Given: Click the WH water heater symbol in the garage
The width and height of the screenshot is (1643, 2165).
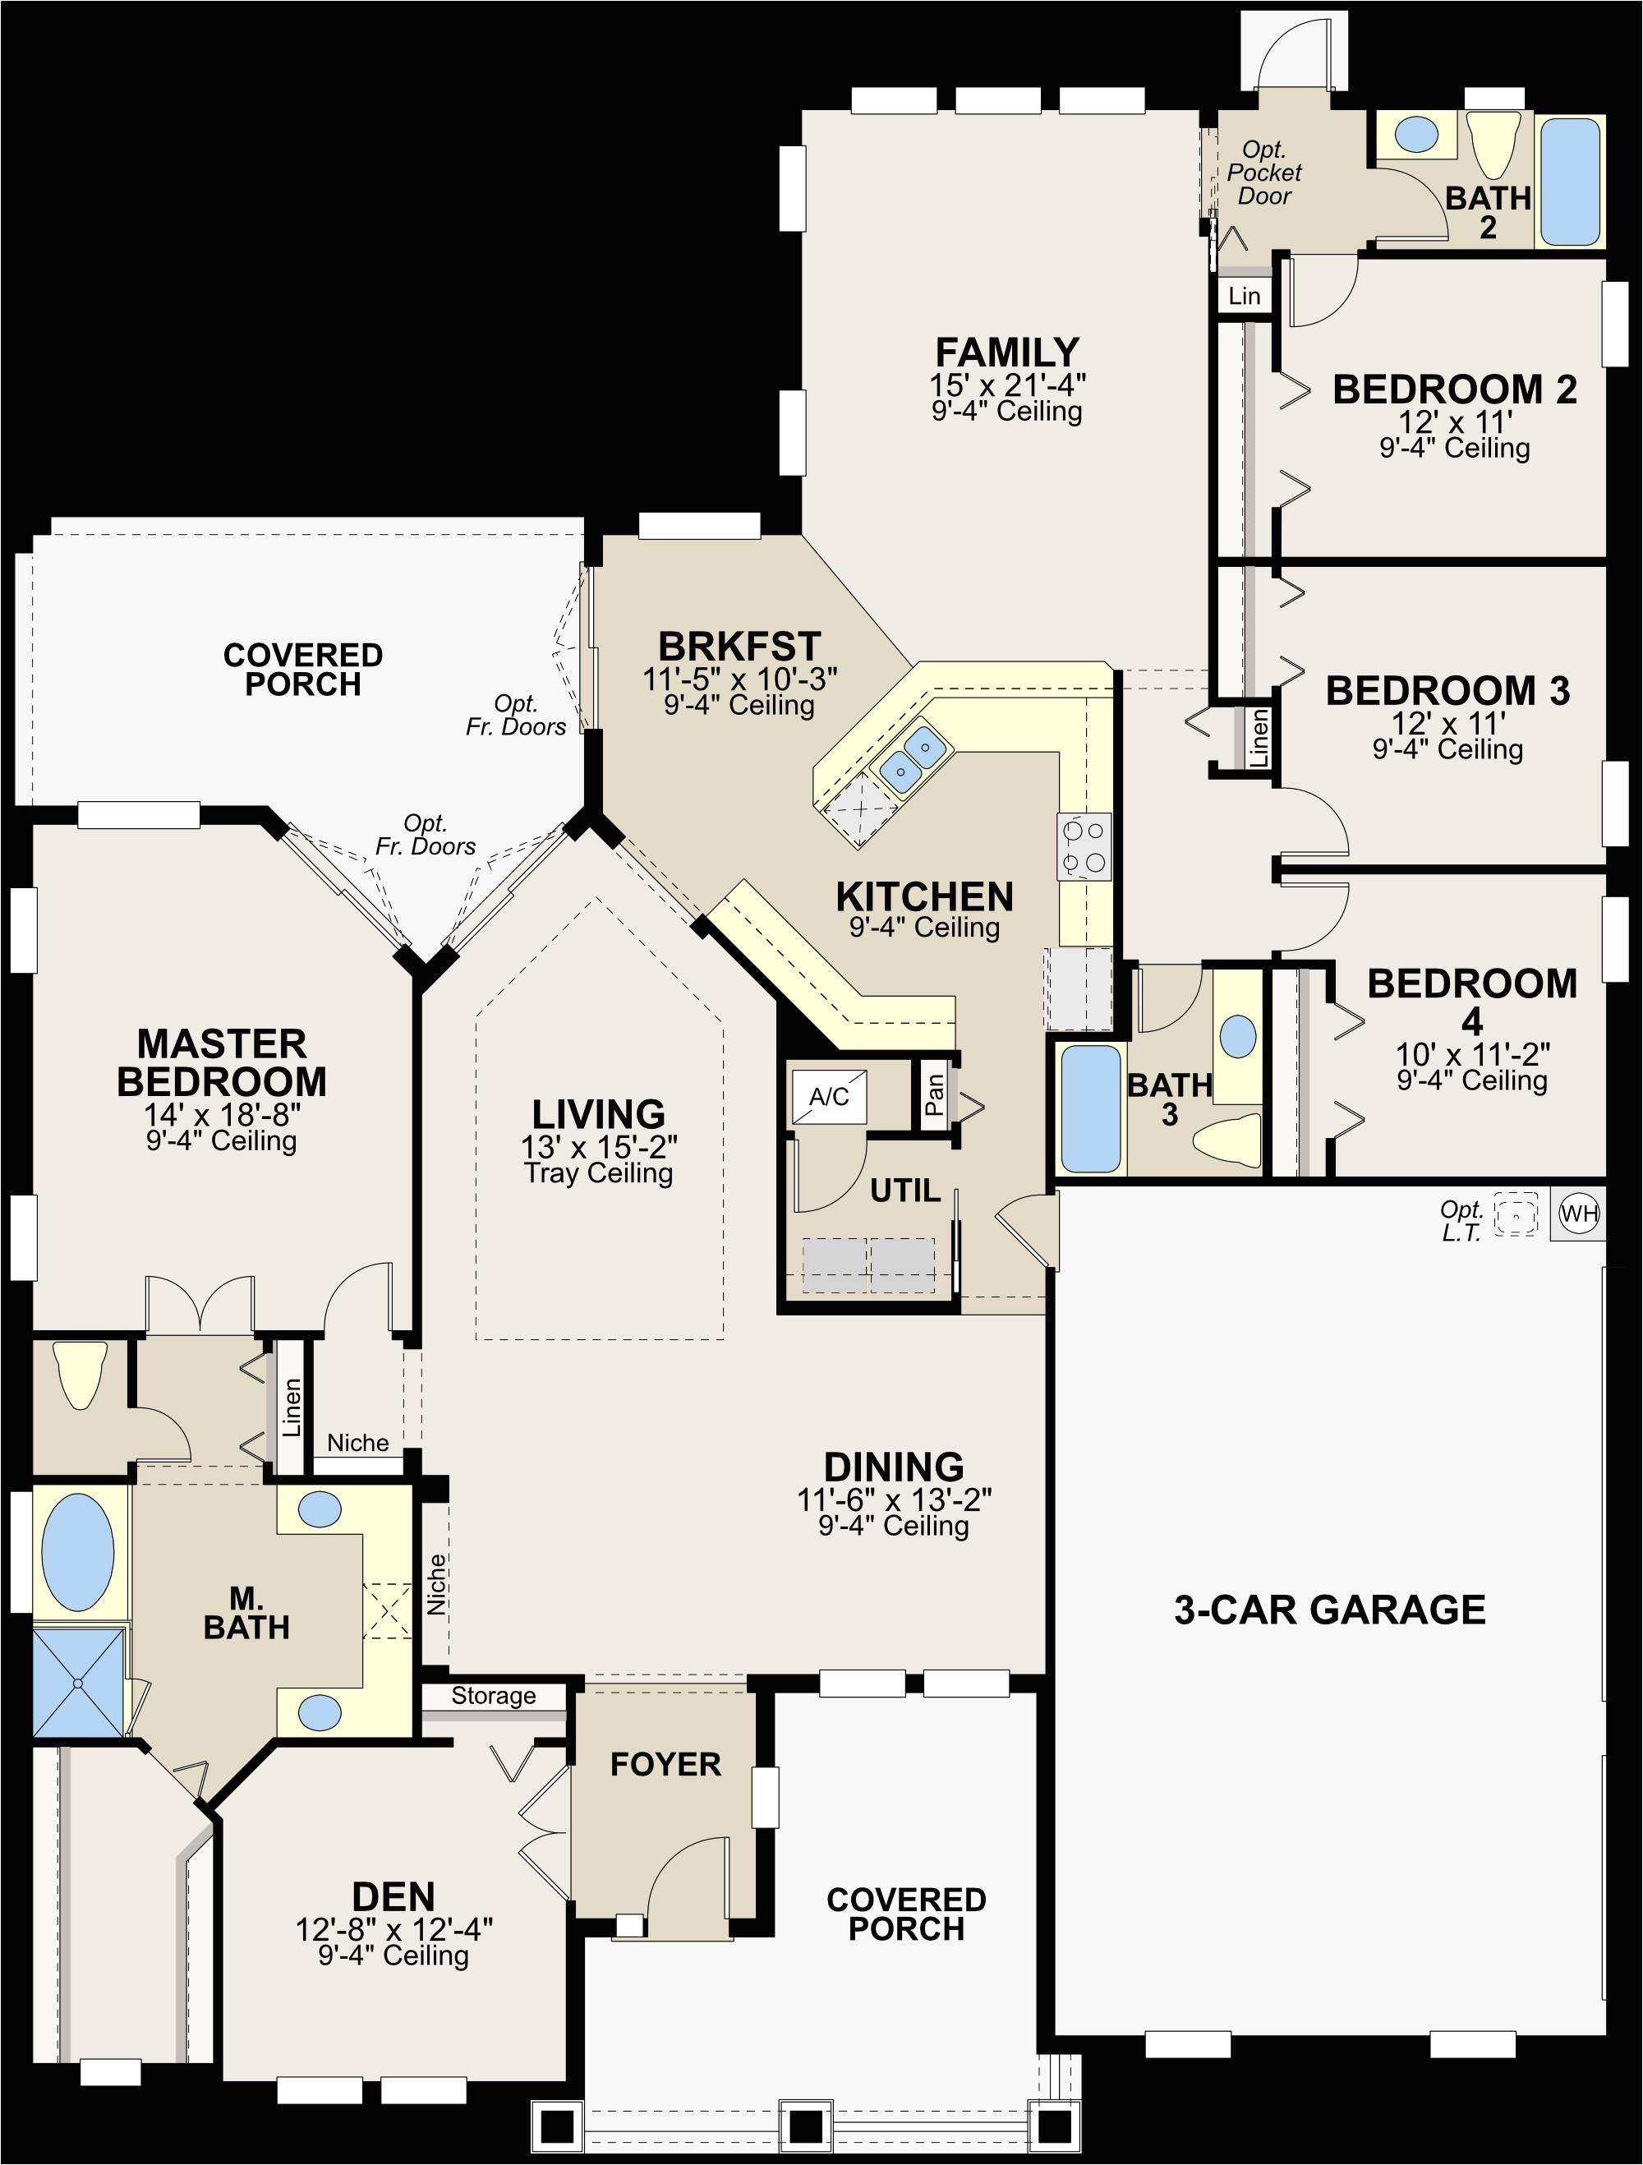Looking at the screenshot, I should pyautogui.click(x=1578, y=1214).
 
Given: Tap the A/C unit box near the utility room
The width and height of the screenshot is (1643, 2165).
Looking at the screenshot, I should pyautogui.click(x=829, y=1096).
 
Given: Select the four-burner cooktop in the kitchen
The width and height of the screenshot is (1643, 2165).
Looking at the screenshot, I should pyautogui.click(x=1084, y=846).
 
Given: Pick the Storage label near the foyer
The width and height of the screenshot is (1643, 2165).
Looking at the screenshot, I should pyautogui.click(x=493, y=1696).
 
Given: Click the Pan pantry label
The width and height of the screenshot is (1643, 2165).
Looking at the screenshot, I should pyautogui.click(x=935, y=1094).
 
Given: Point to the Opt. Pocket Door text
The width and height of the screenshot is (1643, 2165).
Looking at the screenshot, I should pyautogui.click(x=1264, y=173).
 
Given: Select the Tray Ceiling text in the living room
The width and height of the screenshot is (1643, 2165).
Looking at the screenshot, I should pyautogui.click(x=599, y=1172).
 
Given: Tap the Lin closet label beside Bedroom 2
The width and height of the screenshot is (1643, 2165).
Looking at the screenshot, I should pyautogui.click(x=1244, y=296).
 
